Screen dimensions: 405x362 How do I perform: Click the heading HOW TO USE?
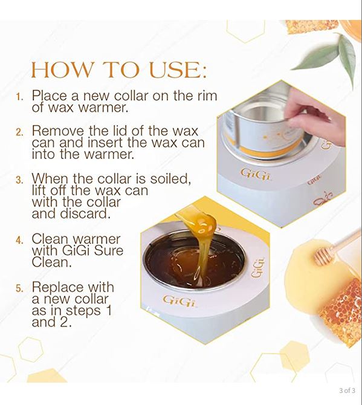118,70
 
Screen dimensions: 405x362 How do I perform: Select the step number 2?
19,132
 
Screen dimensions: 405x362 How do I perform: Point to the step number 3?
19,180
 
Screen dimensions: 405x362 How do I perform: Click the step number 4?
19,239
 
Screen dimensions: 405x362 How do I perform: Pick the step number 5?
19,288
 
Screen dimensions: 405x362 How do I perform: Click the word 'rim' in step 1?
204,96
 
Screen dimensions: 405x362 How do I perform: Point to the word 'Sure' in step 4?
104,251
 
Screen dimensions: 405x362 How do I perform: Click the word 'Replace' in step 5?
59,287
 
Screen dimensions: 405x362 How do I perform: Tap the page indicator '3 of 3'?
347,390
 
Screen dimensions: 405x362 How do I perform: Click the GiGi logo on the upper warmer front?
254,174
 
